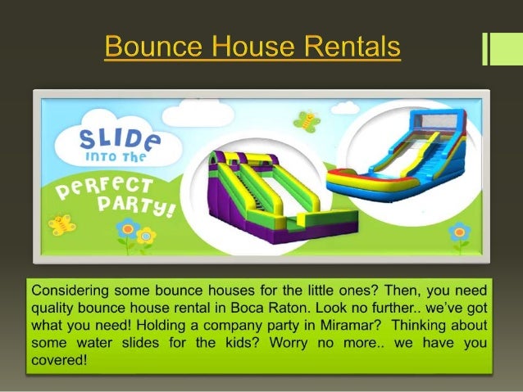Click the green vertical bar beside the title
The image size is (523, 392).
tap(495, 48)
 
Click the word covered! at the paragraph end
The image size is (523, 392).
tap(58, 359)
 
